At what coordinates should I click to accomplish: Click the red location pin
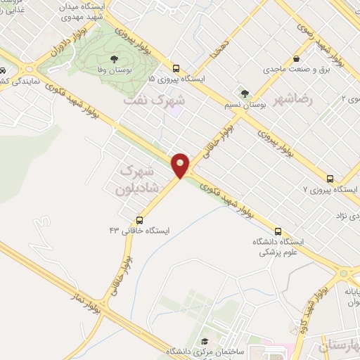click(181, 165)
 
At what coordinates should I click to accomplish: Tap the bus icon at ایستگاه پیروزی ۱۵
click(176, 69)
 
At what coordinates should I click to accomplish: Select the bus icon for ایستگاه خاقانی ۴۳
click(140, 219)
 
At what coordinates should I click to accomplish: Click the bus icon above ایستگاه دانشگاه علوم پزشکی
click(278, 231)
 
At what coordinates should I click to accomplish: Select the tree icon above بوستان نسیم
click(244, 92)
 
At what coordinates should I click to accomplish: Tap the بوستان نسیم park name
click(248, 103)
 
